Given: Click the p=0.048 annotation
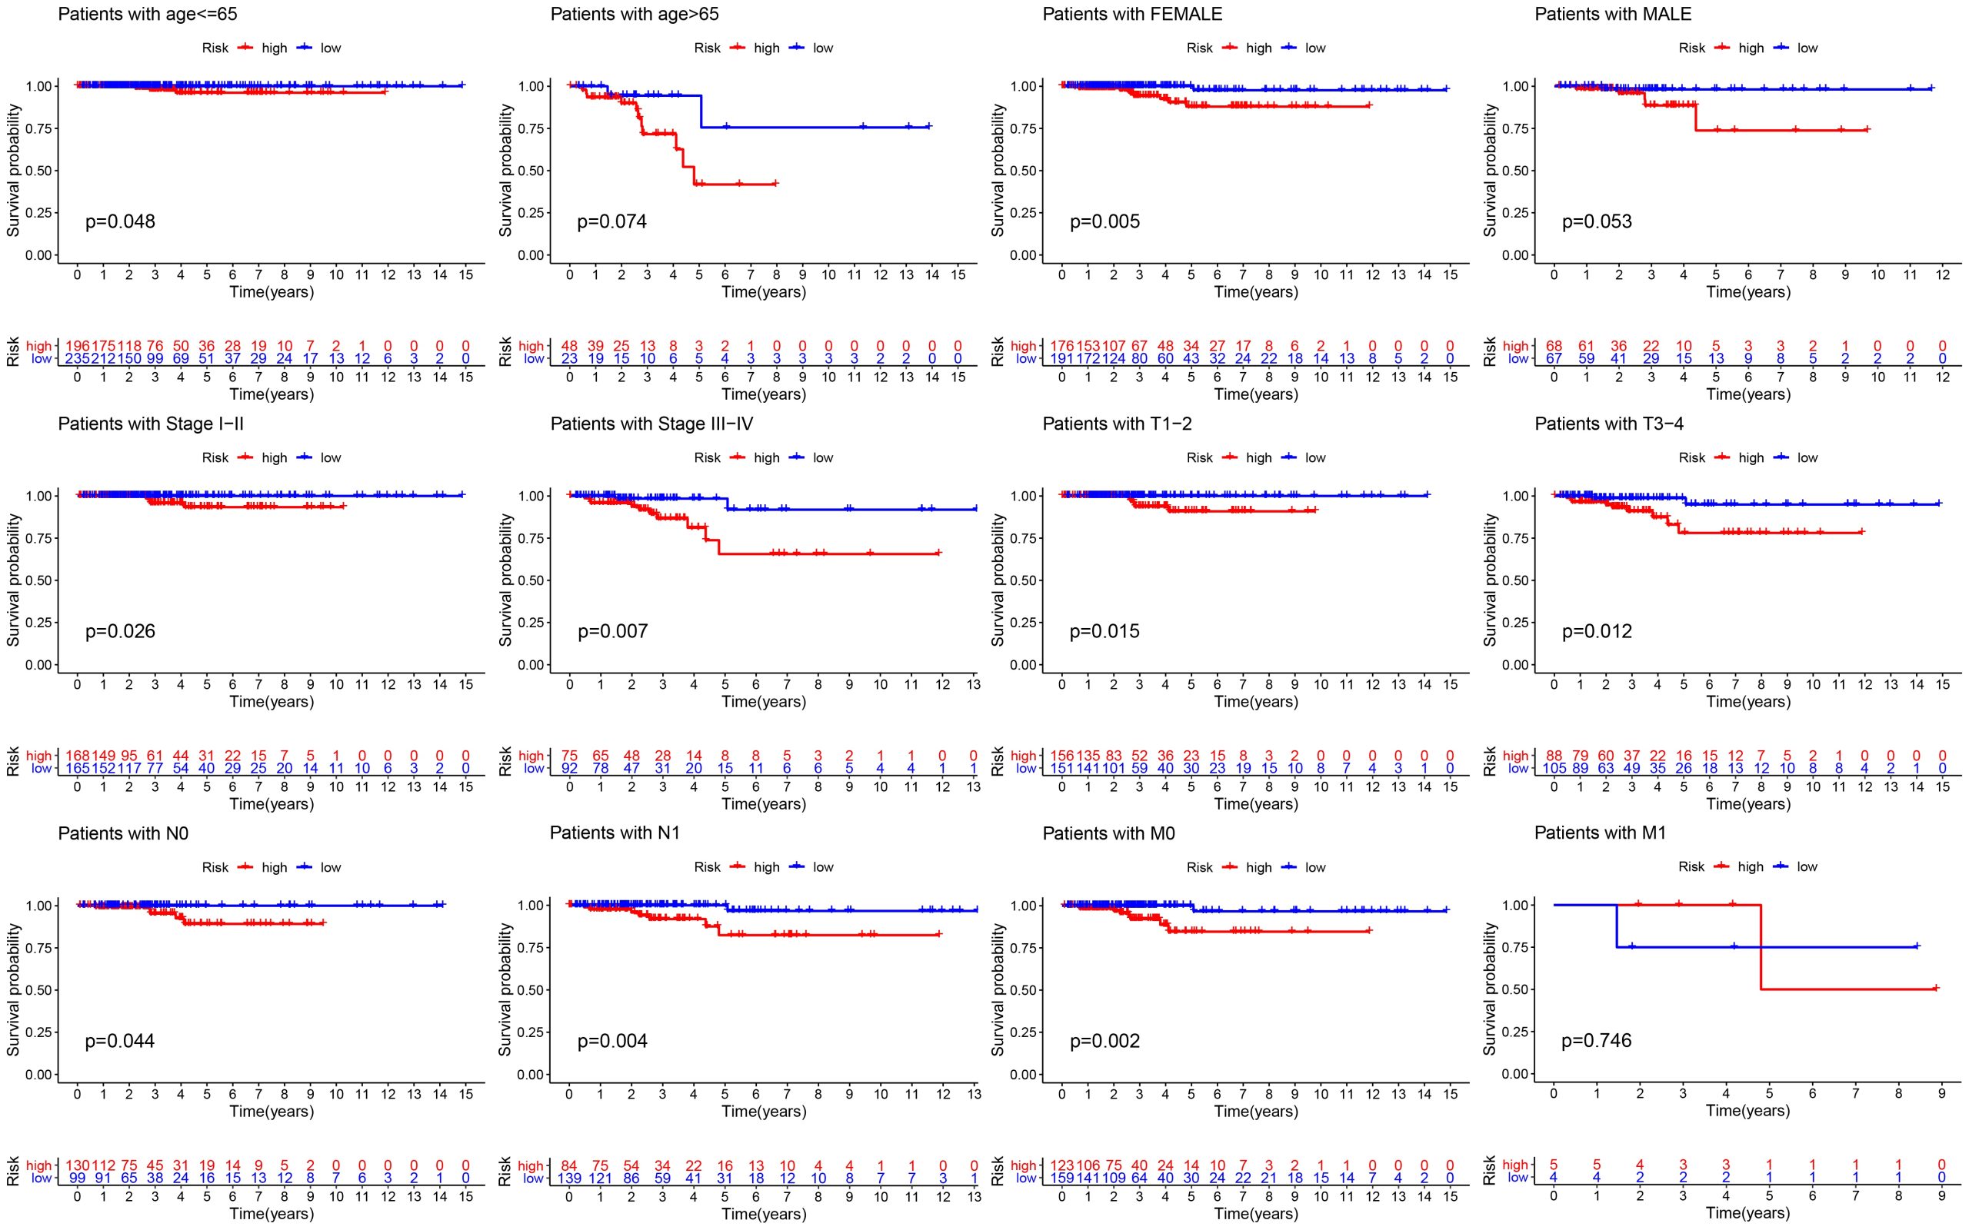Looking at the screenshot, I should pos(120,221).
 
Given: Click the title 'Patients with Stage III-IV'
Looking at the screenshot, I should pos(651,424).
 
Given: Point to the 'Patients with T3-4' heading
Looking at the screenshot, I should pos(1608,424).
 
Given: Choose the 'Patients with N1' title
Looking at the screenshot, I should pos(615,833).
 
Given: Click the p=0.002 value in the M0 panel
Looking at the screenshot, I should pos(1104,1041).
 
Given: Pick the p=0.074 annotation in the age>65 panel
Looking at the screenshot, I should pos(612,221).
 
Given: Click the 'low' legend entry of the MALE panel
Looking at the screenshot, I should pos(1807,48).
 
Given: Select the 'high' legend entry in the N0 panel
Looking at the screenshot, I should pos(274,867).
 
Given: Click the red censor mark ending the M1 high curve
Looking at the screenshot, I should pos(1936,989).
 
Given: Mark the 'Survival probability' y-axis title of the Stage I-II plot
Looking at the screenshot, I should pos(13,580).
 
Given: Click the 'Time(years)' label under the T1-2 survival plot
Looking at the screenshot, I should pos(1255,701).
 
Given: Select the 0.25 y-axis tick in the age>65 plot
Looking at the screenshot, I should pos(531,212).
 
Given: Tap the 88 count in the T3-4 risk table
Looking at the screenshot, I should pos(1554,756).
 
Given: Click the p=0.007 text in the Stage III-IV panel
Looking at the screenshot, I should pos(613,631).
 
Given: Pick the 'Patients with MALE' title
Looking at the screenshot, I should pos(1613,14).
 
